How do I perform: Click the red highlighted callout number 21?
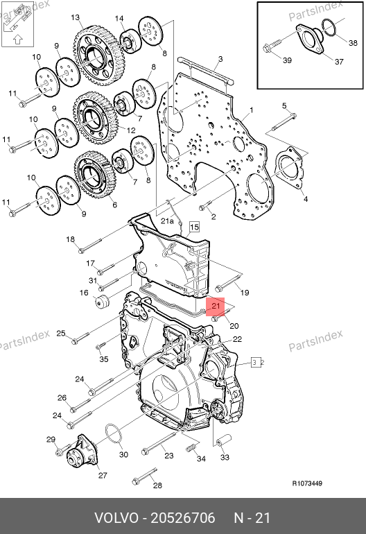216,306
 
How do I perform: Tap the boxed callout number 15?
194,227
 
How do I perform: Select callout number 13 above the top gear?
76,17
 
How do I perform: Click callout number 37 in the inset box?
339,62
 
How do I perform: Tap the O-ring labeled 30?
114,434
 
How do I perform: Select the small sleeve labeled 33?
224,440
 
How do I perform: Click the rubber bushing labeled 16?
101,302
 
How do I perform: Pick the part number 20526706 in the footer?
183,518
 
